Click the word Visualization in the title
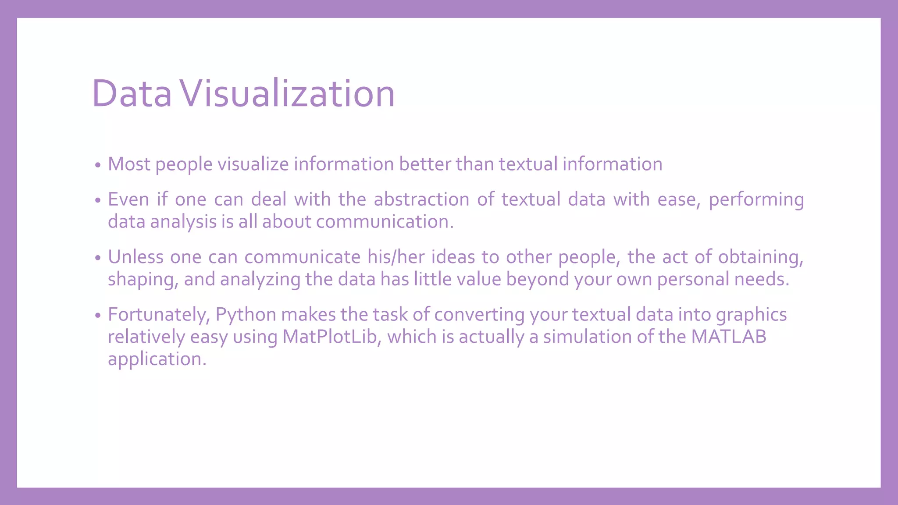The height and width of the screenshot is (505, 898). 288,93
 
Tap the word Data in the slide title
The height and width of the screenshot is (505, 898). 132,93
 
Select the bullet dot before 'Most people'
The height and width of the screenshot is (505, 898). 98,166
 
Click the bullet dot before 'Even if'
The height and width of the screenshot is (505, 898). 98,201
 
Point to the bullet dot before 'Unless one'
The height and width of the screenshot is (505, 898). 98,258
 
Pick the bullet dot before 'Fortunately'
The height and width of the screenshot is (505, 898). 98,316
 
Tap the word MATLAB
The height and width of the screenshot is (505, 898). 729,337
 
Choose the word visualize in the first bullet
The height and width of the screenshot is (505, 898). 253,164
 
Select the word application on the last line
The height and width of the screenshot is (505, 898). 157,359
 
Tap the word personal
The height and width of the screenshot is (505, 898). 693,279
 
